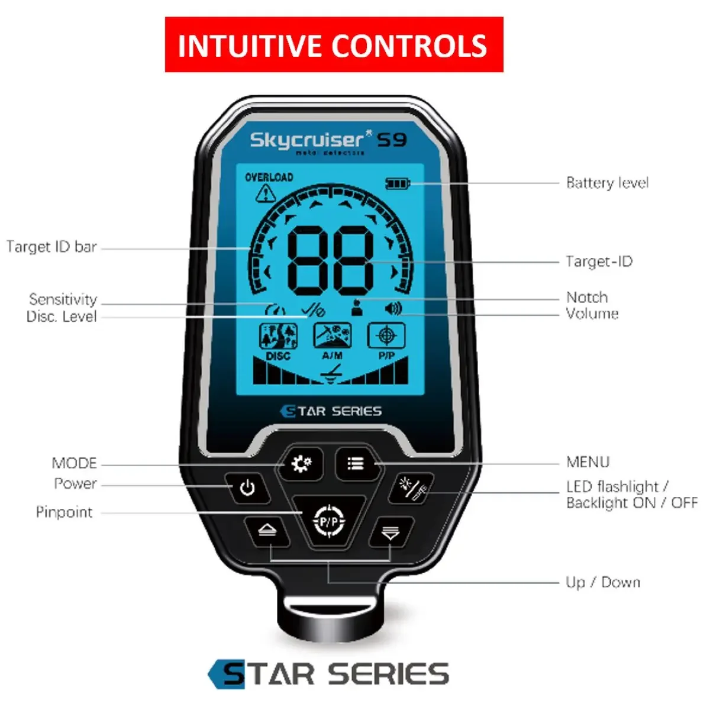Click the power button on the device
pos(247,488)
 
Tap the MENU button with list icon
pos(356,463)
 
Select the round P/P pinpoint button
pos(328,521)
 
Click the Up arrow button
pos(267,531)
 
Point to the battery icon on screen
pos(398,183)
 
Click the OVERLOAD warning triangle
pos(266,193)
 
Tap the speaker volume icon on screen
pos(393,308)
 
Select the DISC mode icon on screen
pos(278,337)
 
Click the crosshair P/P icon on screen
pos(386,336)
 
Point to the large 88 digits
pos(330,260)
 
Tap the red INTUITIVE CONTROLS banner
pos(334,45)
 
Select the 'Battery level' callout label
pos(607,183)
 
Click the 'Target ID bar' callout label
pos(51,247)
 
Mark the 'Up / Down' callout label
pos(602,582)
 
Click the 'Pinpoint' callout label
pos(64,512)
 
